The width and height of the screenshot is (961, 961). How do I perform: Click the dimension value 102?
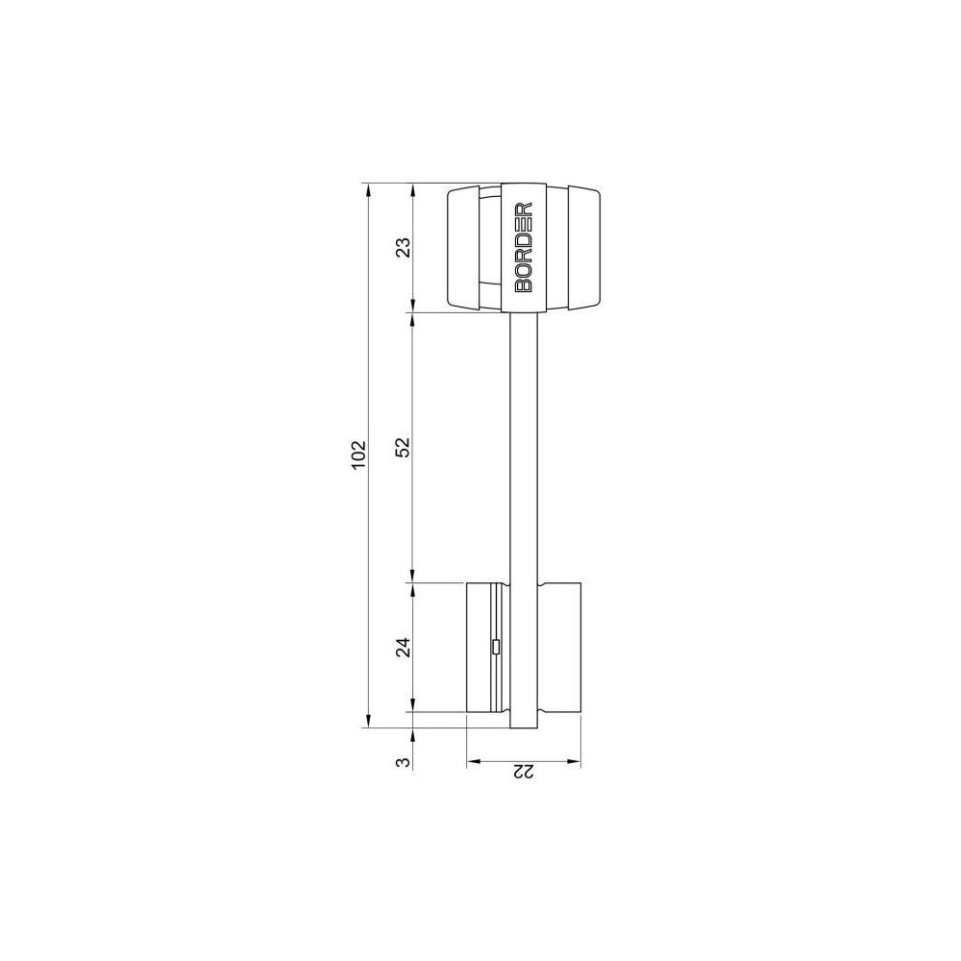tap(358, 455)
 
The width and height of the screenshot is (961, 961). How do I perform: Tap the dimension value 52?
tap(403, 448)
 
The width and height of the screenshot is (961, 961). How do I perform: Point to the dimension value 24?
tap(403, 647)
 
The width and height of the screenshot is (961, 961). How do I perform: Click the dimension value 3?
tap(403, 762)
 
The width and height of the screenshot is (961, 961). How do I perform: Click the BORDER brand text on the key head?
tap(524, 246)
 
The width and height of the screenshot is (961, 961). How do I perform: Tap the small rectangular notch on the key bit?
tap(496, 647)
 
